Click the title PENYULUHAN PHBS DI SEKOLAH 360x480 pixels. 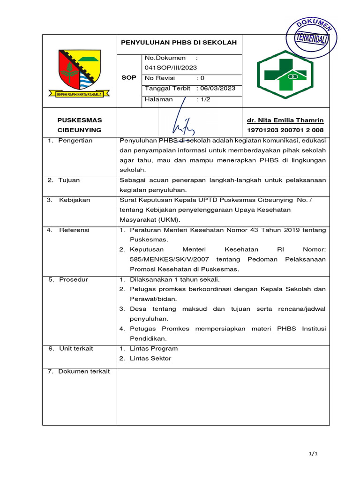click(179, 43)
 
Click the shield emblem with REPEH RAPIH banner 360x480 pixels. click(79, 73)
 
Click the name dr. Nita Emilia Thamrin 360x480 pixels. click(285, 120)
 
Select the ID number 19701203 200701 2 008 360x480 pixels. click(285, 130)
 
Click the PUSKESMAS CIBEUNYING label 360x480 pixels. click(79, 125)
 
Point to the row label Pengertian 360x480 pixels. click(75, 141)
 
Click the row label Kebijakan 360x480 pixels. click(74, 200)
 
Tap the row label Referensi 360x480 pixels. click(74, 230)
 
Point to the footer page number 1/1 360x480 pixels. click(314, 454)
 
